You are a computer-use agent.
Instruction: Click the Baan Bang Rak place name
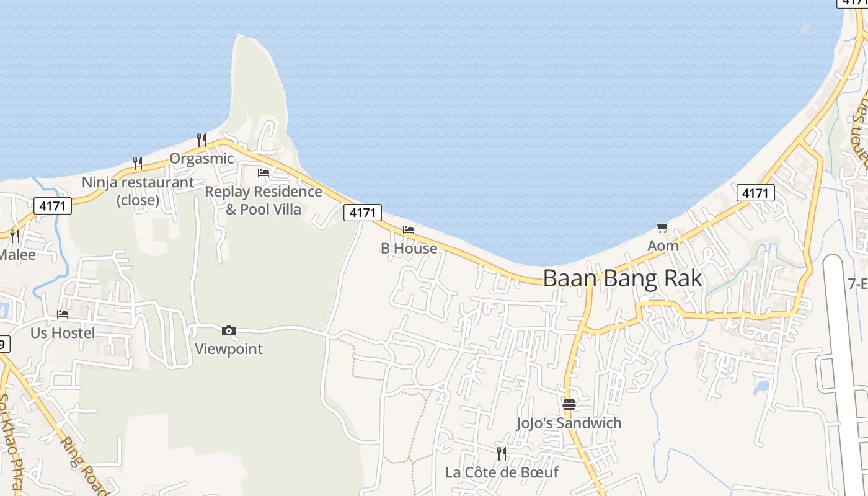622,278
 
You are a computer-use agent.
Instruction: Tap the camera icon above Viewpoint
229,331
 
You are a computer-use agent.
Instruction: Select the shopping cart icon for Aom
663,228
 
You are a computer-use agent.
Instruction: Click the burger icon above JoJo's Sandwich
569,405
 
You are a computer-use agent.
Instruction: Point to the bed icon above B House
409,230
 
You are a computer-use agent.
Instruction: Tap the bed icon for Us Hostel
63,314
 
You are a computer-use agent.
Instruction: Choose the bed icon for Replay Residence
263,173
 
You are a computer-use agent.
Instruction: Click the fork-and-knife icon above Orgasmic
201,139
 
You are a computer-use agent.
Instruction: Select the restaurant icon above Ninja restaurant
138,164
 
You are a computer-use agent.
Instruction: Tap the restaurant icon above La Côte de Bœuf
502,454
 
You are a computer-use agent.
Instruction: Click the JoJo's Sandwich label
569,423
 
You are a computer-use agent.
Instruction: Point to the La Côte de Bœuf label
502,472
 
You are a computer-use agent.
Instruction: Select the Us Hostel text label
63,333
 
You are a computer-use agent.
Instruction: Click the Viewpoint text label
229,349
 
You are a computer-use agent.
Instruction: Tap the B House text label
409,249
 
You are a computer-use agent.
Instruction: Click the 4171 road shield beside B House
363,213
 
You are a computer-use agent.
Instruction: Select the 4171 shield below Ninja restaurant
53,206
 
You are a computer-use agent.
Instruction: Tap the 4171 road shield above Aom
755,193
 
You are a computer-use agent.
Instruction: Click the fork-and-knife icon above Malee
15,236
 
